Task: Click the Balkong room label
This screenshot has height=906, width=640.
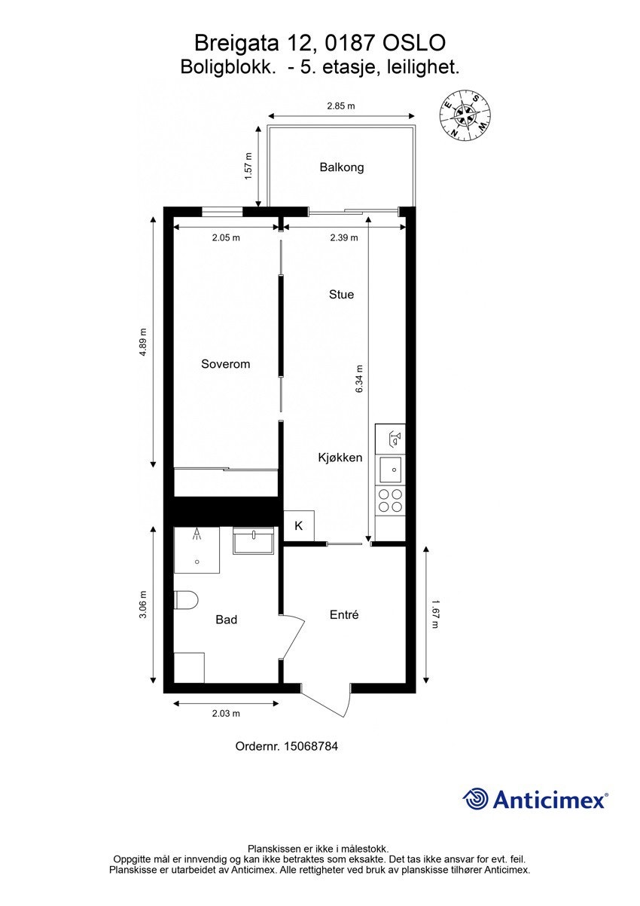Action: point(341,167)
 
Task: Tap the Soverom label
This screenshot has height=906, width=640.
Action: point(225,364)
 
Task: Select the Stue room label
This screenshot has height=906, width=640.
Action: point(341,295)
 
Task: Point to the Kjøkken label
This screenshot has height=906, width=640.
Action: point(340,458)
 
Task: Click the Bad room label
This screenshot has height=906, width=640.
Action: point(226,620)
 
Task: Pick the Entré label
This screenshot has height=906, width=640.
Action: point(344,615)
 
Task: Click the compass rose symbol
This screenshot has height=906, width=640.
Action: point(465,115)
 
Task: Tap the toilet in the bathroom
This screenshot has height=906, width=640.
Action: point(185,601)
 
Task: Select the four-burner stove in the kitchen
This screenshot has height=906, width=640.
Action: point(390,500)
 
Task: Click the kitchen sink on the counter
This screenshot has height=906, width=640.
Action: point(390,470)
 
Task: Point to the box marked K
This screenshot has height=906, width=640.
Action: point(298,526)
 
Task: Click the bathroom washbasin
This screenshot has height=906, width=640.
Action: point(253,540)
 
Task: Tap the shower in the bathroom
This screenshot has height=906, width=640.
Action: point(197,549)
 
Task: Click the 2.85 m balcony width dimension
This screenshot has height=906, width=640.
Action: point(340,107)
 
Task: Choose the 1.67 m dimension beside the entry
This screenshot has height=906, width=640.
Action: point(436,614)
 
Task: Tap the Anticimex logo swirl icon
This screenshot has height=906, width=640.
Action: point(475,799)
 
